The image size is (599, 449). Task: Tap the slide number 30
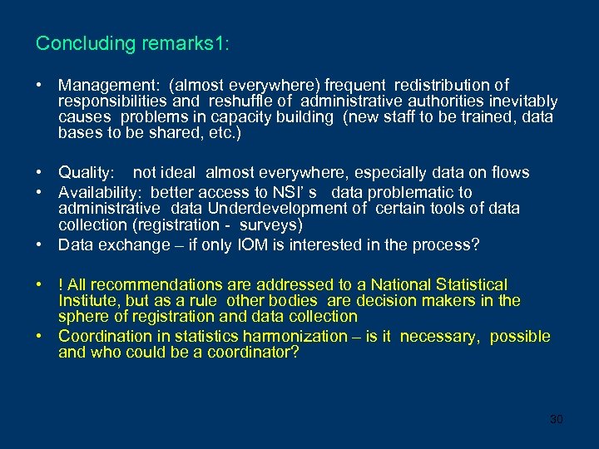click(x=556, y=419)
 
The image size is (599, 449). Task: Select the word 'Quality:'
click(x=86, y=173)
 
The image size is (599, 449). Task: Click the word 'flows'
click(x=509, y=173)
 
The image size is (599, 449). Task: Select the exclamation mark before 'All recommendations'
click(x=62, y=285)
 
